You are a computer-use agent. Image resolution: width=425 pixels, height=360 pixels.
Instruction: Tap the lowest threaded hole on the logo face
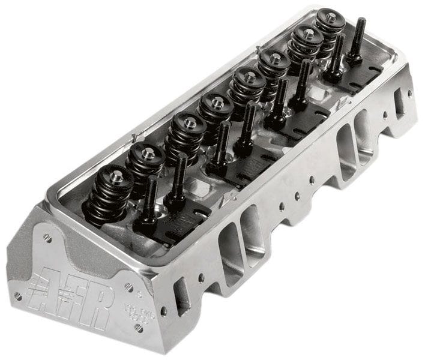point(139,328)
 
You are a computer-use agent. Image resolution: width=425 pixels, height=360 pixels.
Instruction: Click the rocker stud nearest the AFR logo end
point(148,201)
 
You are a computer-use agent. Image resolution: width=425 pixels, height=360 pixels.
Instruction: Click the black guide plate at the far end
point(360,78)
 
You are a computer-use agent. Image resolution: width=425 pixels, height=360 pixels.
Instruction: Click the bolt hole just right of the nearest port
point(202,278)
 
